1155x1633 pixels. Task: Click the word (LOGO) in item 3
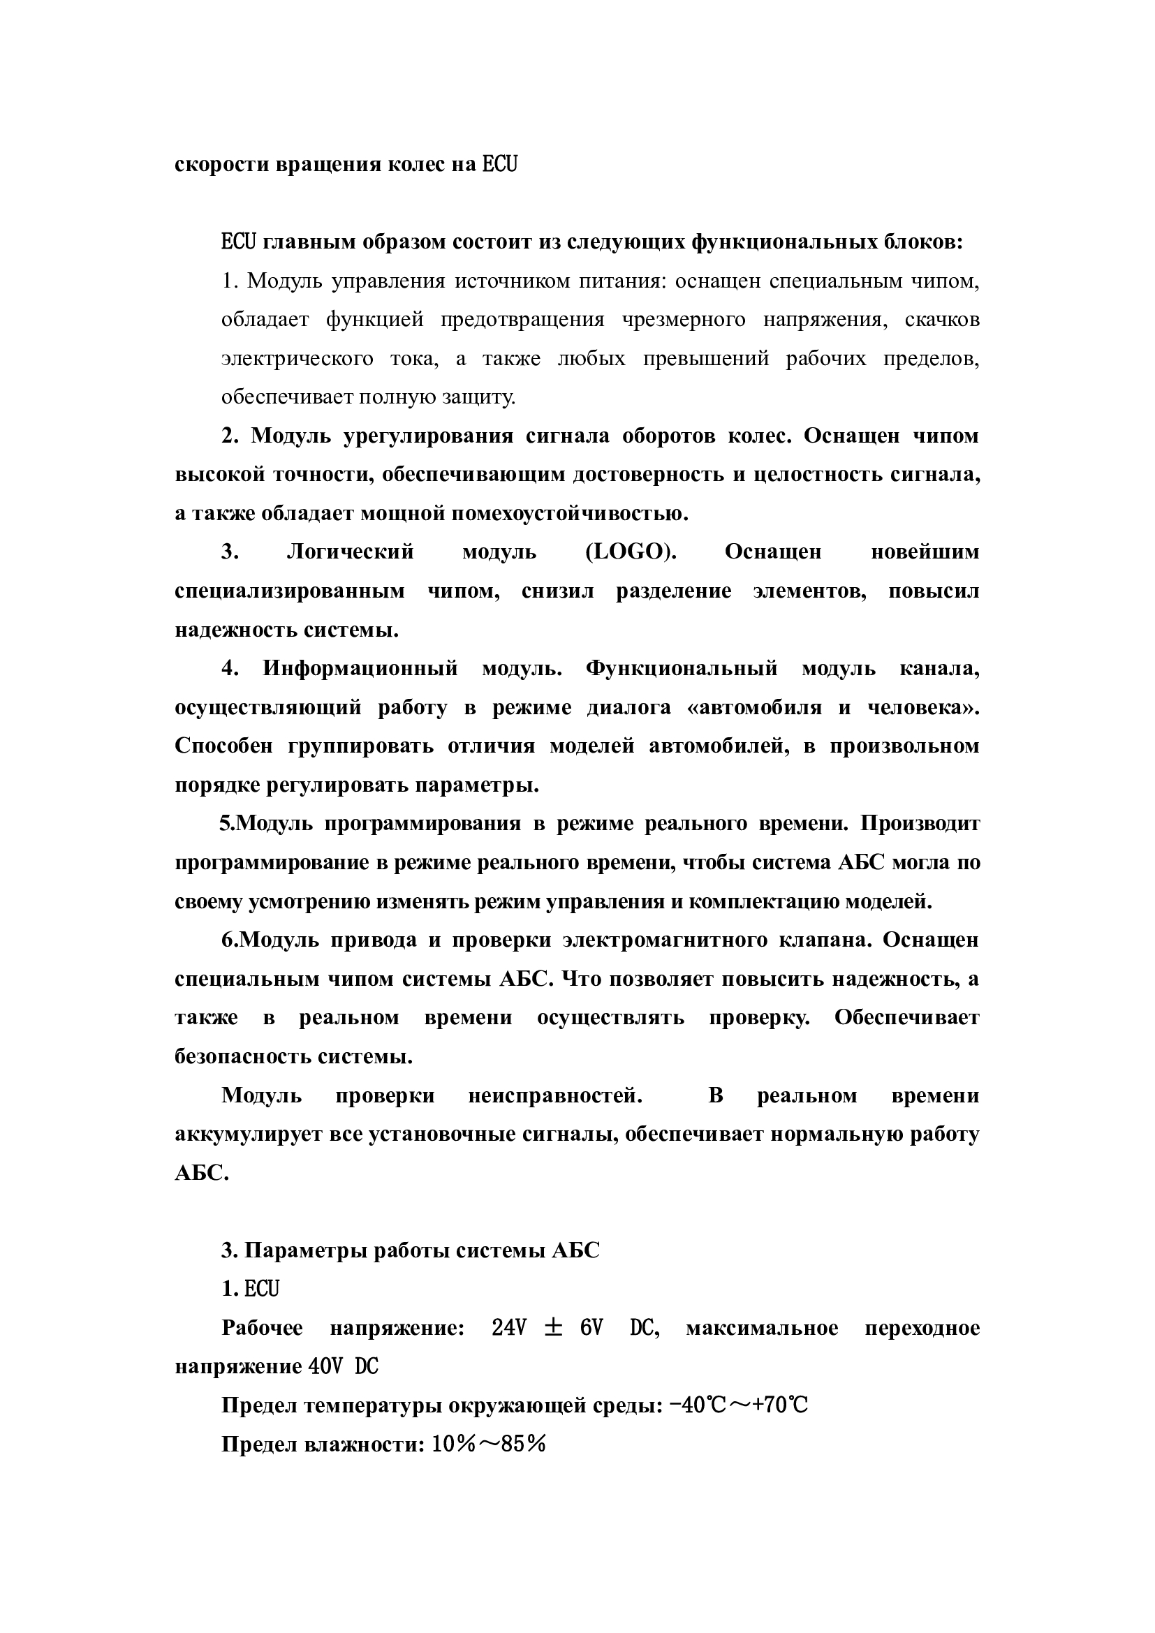pos(630,553)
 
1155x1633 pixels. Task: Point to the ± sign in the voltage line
pos(552,1328)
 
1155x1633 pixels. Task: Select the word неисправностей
pos(555,1095)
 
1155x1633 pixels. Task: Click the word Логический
pos(350,553)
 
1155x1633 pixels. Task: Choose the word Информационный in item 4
pos(360,669)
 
